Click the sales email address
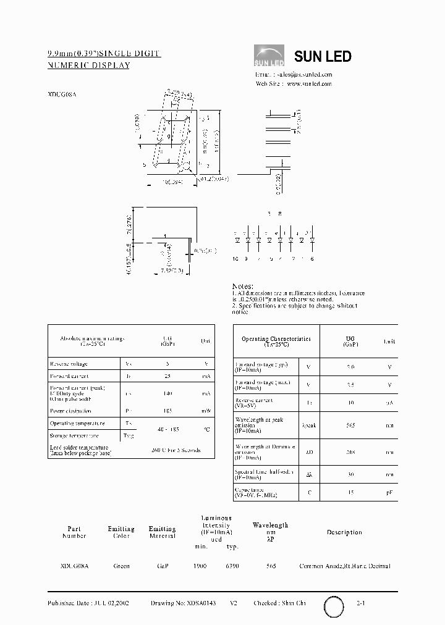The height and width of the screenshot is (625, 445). coord(307,73)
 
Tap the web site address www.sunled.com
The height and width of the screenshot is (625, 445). coord(310,83)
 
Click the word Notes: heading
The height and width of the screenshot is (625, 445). coord(242,287)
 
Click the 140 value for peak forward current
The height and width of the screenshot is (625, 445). coord(167,393)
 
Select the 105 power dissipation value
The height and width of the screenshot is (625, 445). coord(167,410)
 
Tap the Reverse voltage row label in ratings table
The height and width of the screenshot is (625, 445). coord(69,364)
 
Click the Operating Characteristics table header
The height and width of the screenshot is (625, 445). coord(276,342)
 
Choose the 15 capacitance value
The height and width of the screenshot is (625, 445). coord(350,493)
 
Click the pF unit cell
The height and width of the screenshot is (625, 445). coord(389,493)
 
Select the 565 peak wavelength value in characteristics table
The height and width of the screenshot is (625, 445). coord(350,425)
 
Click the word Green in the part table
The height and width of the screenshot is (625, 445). coord(121,566)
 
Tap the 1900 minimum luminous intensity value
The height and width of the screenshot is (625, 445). coord(200,566)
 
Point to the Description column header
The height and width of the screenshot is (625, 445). coord(344,532)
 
